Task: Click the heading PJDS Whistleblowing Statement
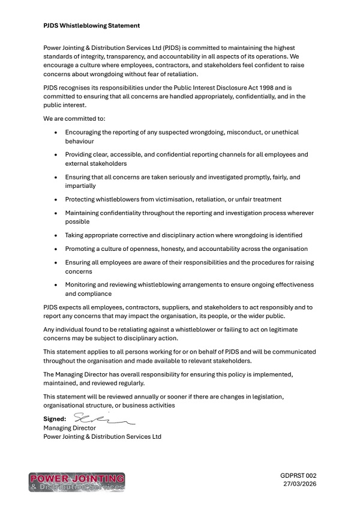click(92, 26)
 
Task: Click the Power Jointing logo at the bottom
click(77, 482)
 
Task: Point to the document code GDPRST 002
click(298, 475)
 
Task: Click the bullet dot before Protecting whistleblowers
click(56, 199)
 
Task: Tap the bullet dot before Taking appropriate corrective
click(56, 235)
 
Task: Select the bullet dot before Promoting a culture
click(56, 249)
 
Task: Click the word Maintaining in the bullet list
click(85, 213)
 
